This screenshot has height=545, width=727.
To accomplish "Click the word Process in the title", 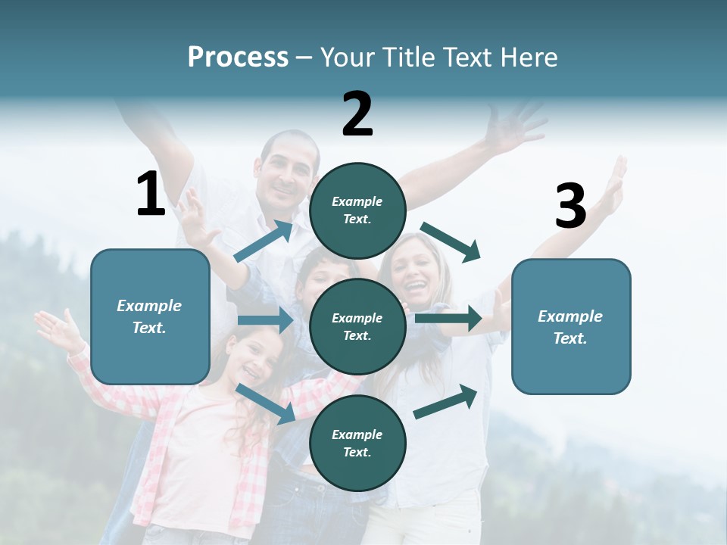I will coord(238,58).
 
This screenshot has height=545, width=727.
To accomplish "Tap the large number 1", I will coord(151,195).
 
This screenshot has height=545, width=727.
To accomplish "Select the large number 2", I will coord(357,114).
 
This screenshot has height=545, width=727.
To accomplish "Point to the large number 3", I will coord(571,206).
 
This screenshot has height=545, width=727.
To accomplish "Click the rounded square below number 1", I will coord(150,316).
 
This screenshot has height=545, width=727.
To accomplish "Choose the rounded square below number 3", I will coord(571,326).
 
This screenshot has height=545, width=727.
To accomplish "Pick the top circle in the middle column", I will coord(357,210).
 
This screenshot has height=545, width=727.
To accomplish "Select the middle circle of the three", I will coord(357,326).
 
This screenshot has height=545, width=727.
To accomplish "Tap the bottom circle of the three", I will coord(357,443).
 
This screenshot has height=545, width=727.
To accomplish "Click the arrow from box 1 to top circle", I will coord(264,241).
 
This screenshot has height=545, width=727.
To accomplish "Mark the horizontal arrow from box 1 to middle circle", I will coord(265,320).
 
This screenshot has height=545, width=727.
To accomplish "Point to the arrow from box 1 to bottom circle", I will coord(266,403).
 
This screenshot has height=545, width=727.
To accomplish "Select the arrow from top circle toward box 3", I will coord(451,241).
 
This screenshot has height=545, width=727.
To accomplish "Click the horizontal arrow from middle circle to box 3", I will coord(448,318).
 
